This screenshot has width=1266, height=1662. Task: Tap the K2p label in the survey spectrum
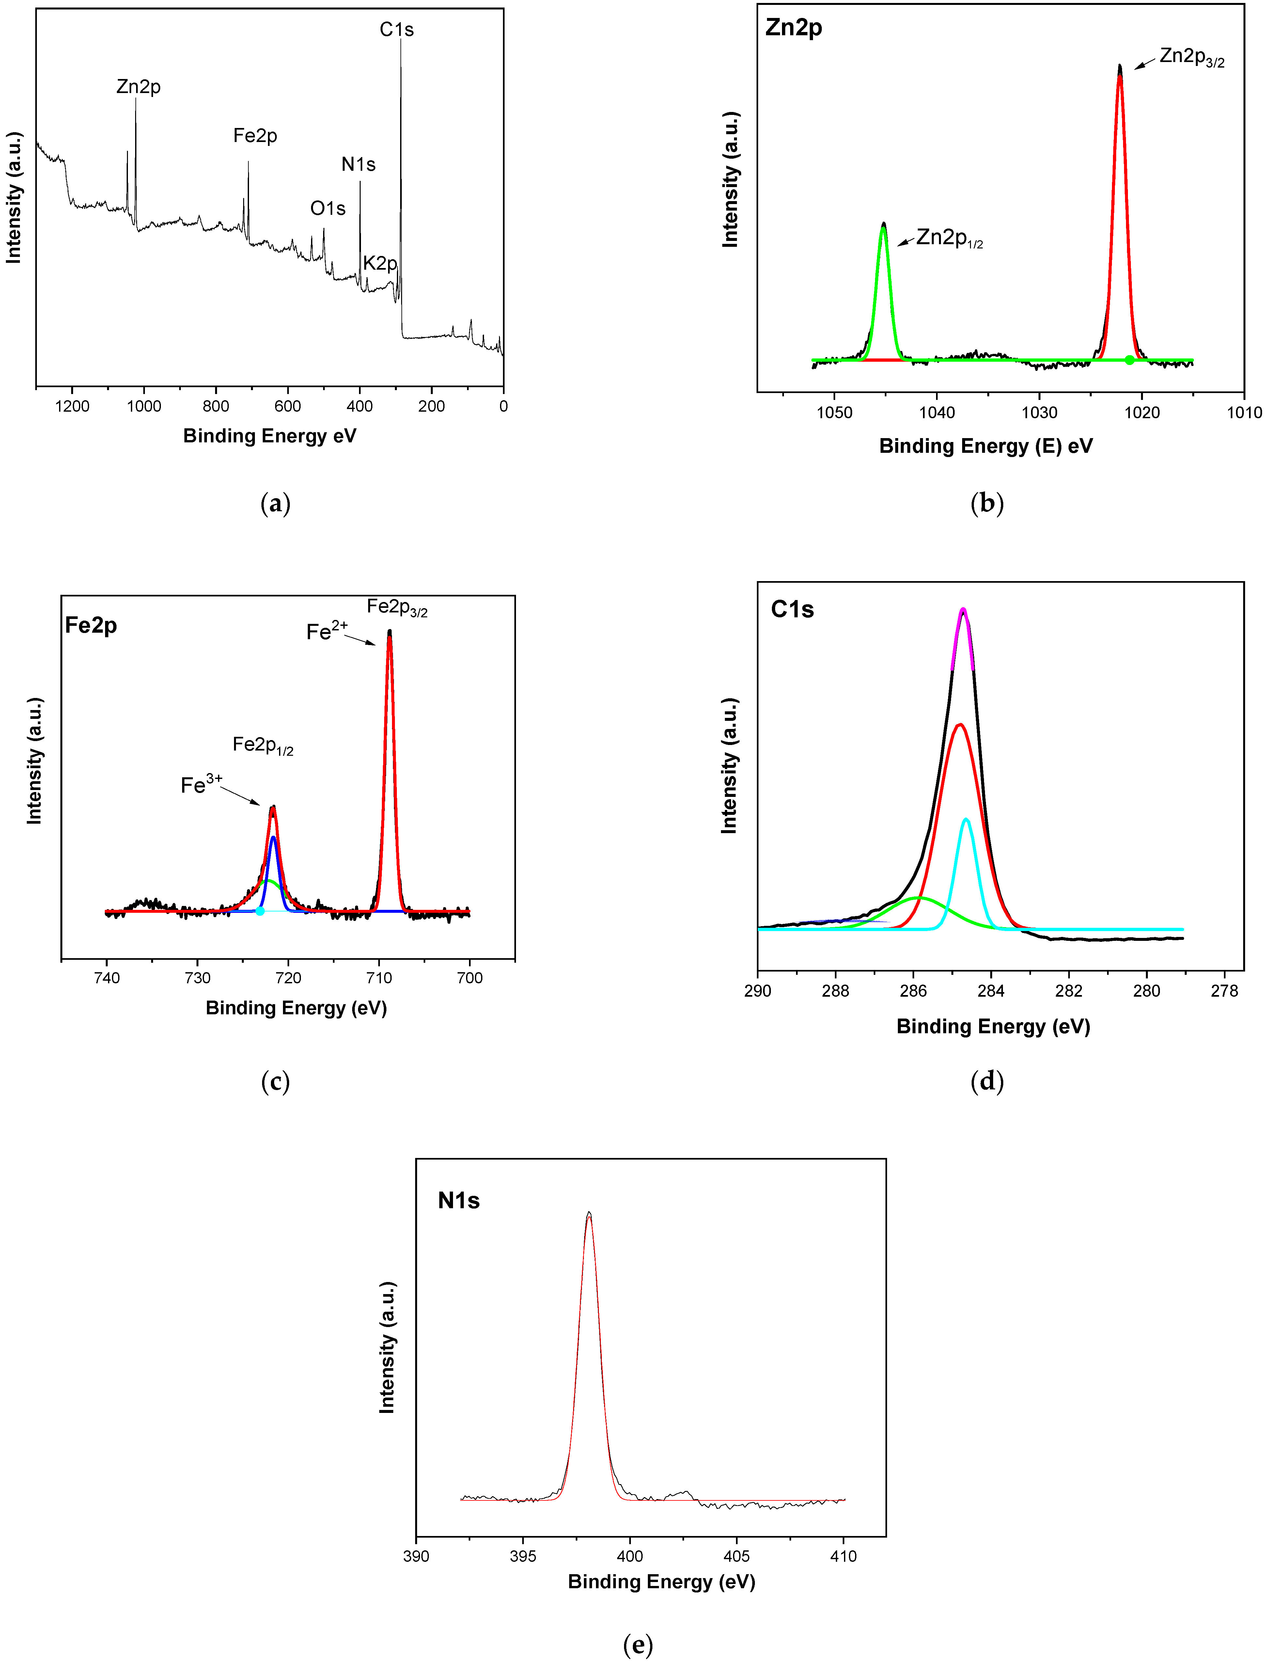click(x=380, y=263)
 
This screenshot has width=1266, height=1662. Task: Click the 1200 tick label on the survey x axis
click(x=72, y=406)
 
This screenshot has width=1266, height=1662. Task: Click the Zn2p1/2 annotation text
click(x=949, y=238)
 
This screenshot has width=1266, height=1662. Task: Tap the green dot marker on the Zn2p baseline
click(x=1129, y=360)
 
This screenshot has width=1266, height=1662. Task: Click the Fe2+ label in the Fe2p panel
click(x=326, y=631)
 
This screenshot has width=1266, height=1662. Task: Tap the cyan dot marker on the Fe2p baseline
click(x=260, y=911)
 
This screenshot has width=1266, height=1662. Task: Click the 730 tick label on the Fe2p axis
click(x=197, y=978)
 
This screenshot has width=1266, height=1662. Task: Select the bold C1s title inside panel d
click(x=792, y=609)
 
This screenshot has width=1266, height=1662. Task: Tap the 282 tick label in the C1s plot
click(x=1069, y=991)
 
